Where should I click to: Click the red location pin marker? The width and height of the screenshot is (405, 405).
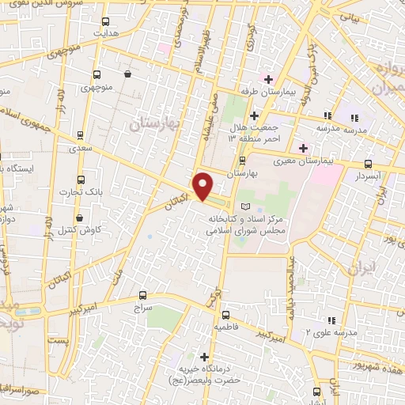tap(202, 186)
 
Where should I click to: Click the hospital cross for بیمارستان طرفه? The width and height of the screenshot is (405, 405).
tap(268, 79)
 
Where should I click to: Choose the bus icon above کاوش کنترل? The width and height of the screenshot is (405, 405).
tap(80, 216)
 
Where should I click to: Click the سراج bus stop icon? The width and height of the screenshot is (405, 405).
tap(142, 293)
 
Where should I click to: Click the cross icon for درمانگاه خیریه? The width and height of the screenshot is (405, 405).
tap(205, 357)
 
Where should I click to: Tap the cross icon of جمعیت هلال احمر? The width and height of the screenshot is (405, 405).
tap(252, 115)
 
